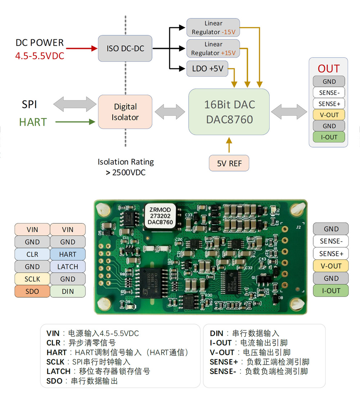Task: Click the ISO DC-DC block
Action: [x=125, y=48]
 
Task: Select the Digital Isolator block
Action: [x=125, y=112]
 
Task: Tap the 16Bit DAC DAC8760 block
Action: [x=229, y=112]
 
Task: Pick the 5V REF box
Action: [x=229, y=163]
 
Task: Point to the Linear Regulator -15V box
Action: [x=213, y=28]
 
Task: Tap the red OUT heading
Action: [x=328, y=69]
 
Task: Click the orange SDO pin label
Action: [x=32, y=291]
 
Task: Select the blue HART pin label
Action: [x=68, y=254]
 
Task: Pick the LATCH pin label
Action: [x=68, y=267]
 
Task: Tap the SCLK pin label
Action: [x=32, y=279]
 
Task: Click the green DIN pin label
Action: [x=68, y=291]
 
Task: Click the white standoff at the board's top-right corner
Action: [x=297, y=209]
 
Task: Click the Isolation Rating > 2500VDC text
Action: [x=126, y=167]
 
